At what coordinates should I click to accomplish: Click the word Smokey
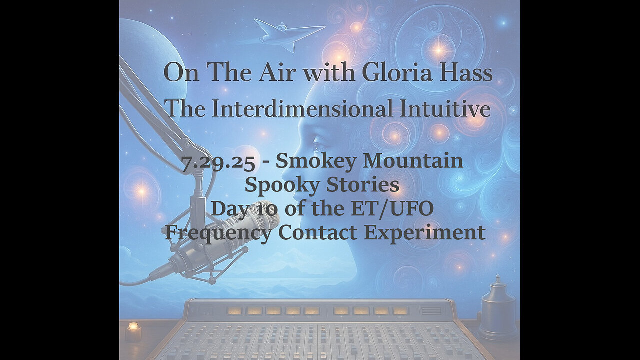point(316,161)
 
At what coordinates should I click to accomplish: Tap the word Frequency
point(218,232)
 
